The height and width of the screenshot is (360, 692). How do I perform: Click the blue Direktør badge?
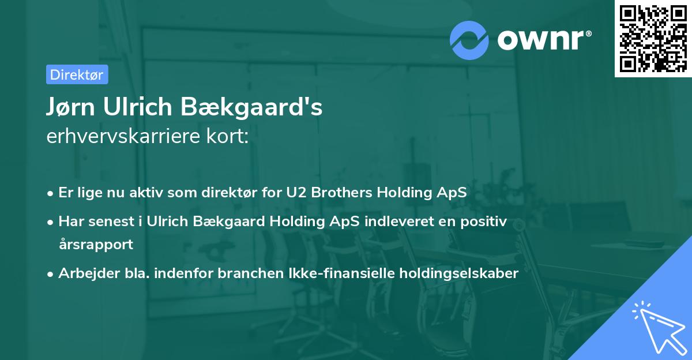click(x=77, y=74)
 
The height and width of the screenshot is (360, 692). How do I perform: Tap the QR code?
click(x=653, y=39)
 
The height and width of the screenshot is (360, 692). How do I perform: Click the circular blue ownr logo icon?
click(x=469, y=40)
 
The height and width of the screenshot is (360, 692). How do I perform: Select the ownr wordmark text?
click(x=541, y=40)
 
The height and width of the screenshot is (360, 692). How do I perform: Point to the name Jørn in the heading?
click(x=70, y=107)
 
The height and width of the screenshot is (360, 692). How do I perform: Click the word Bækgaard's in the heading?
click(x=251, y=107)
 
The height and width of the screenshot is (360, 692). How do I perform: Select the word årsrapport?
click(x=96, y=245)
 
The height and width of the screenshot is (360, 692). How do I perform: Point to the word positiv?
click(x=483, y=222)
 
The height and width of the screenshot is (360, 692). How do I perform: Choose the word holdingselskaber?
click(x=459, y=273)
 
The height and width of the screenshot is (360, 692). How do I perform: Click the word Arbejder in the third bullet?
click(x=89, y=273)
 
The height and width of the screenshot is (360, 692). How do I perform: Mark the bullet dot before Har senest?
click(x=50, y=222)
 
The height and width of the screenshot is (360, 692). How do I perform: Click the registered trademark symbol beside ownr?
click(x=588, y=33)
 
